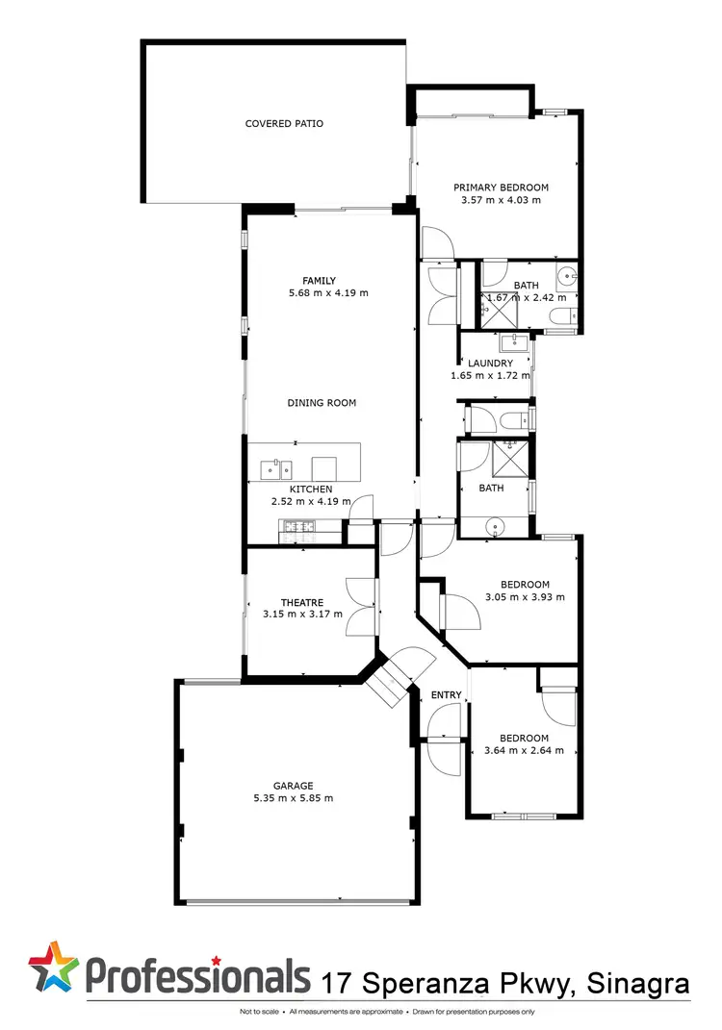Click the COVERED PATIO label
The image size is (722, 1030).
[x=284, y=123]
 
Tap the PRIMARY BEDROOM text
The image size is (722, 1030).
[x=501, y=188]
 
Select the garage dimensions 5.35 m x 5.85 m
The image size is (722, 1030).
[x=294, y=798]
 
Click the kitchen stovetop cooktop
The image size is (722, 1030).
[x=295, y=525]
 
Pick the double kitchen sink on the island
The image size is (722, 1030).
[x=276, y=469]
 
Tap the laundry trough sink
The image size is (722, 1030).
[x=510, y=343]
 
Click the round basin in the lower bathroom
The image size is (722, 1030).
[x=496, y=525]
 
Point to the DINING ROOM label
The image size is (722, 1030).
[x=322, y=403]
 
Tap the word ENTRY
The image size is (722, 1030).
[x=446, y=695]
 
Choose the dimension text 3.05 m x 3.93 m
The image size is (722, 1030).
[x=525, y=596]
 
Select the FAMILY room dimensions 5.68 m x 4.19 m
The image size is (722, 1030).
[x=328, y=293]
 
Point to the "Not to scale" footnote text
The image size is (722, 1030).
[x=260, y=1013]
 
